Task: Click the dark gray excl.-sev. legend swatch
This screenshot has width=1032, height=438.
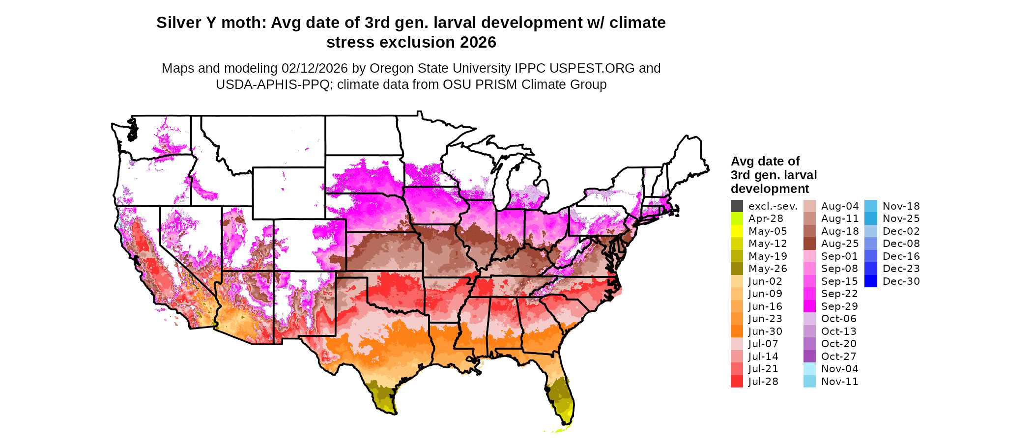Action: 737,206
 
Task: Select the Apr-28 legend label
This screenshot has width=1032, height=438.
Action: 766,219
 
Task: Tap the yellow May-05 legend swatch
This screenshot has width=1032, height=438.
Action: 737,231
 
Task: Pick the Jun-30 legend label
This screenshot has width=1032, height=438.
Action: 765,331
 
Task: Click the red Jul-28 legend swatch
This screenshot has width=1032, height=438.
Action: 737,382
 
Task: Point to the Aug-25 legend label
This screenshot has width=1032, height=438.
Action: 840,244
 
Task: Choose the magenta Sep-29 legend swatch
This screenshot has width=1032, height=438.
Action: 809,306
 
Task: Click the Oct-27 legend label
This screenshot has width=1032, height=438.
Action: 839,356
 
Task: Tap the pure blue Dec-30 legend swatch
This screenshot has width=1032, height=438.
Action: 871,281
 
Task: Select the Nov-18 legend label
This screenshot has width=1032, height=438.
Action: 901,206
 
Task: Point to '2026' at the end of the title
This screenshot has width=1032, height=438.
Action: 478,43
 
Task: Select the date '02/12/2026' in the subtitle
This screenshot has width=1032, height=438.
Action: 315,68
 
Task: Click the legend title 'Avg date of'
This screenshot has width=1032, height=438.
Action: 765,162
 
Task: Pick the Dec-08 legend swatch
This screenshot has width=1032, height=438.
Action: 871,244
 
